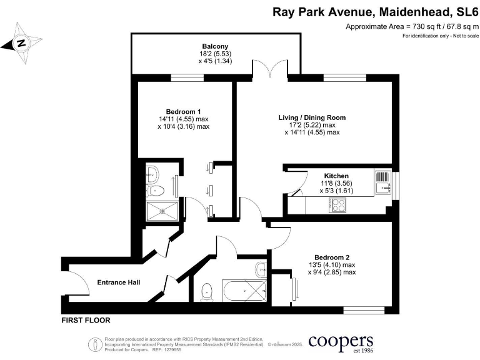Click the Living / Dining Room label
(312, 117)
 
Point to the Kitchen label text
(336, 176)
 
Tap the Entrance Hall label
(118, 282)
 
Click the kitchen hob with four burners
(338, 203)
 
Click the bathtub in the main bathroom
(244, 291)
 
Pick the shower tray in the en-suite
(161, 211)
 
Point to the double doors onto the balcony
(270, 69)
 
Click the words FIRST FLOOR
(86, 321)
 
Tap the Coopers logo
(333, 342)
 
